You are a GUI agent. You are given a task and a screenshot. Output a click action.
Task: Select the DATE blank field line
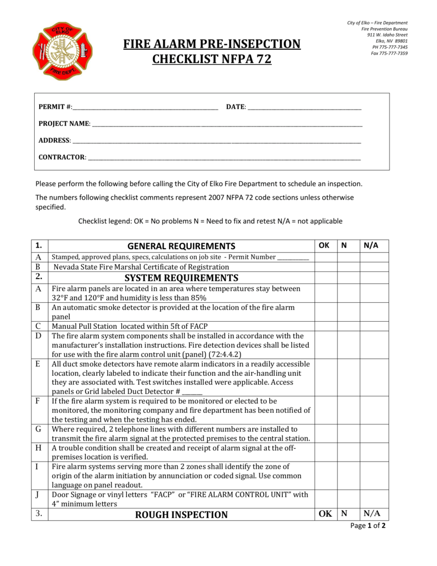[x=304, y=107]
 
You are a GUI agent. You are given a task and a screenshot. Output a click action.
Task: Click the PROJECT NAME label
[x=64, y=123]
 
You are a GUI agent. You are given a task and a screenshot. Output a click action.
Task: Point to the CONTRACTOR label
[x=62, y=157]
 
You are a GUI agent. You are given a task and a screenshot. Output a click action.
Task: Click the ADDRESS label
[x=54, y=140]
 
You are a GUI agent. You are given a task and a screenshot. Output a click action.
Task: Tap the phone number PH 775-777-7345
[x=389, y=47]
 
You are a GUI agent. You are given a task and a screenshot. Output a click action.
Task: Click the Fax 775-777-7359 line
[x=389, y=54]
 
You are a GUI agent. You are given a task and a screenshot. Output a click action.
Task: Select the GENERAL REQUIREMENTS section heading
[x=181, y=246]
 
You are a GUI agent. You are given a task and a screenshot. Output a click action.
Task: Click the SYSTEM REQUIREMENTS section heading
[x=181, y=277]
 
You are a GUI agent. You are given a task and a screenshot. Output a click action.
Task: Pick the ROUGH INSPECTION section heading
[x=181, y=515]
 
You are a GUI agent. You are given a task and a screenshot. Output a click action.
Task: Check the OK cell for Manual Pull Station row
[x=326, y=326]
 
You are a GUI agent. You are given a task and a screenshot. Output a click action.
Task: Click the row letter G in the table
[x=38, y=429]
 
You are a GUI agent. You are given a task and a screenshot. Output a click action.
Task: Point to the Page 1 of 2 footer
[x=368, y=526]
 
